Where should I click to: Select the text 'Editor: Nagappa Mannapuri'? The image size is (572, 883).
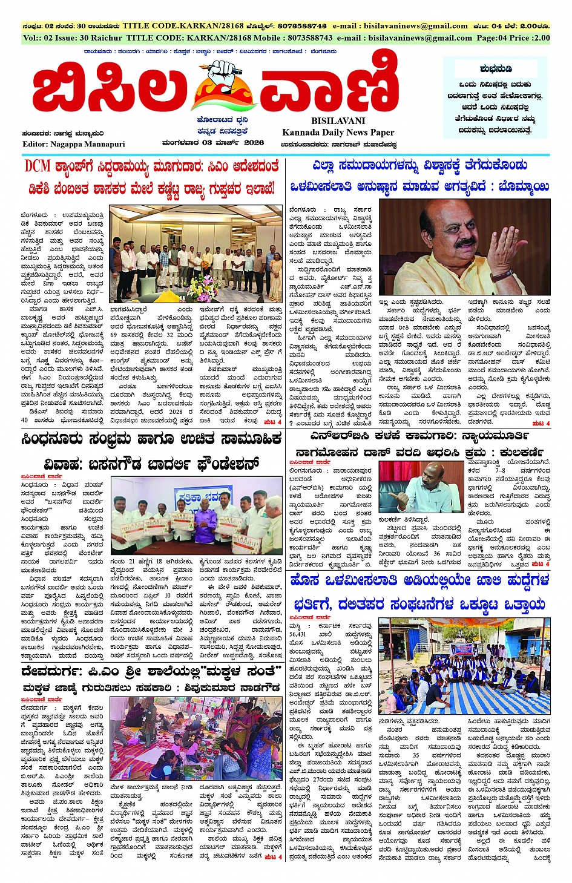coord(74,144)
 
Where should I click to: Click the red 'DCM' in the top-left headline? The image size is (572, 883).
coord(38,166)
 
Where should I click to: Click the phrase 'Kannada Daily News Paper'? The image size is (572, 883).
coord(338,133)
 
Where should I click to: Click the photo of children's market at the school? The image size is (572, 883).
coord(196,740)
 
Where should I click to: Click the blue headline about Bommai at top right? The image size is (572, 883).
coord(419,176)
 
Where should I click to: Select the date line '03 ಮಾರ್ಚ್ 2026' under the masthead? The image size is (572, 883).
coord(232,143)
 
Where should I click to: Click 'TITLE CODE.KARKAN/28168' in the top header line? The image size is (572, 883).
coord(183,26)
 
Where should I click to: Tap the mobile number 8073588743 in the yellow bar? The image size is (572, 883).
coord(310,38)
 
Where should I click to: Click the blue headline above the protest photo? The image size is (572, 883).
coord(419,593)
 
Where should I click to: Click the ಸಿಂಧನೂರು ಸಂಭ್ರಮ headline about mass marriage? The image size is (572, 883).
coord(151,451)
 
